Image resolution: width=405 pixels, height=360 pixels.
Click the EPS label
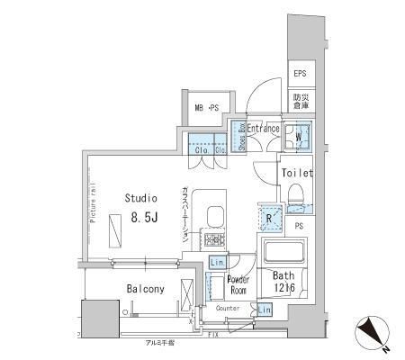pyautogui.click(x=299, y=75)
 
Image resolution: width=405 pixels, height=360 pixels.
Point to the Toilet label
pyautogui.click(x=296, y=172)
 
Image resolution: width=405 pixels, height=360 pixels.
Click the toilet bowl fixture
pyautogui.click(x=296, y=194)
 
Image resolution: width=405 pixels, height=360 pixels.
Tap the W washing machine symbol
pyautogui.click(x=299, y=138)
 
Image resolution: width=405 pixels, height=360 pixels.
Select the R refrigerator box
pyautogui.click(x=269, y=217)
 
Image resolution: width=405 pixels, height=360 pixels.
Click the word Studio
pyautogui.click(x=141, y=197)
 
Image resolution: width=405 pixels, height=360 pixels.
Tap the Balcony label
pyautogui.click(x=144, y=289)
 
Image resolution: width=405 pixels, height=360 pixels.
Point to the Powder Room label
pyautogui.click(x=238, y=284)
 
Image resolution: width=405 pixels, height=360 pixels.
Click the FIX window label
pyautogui.click(x=237, y=335)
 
